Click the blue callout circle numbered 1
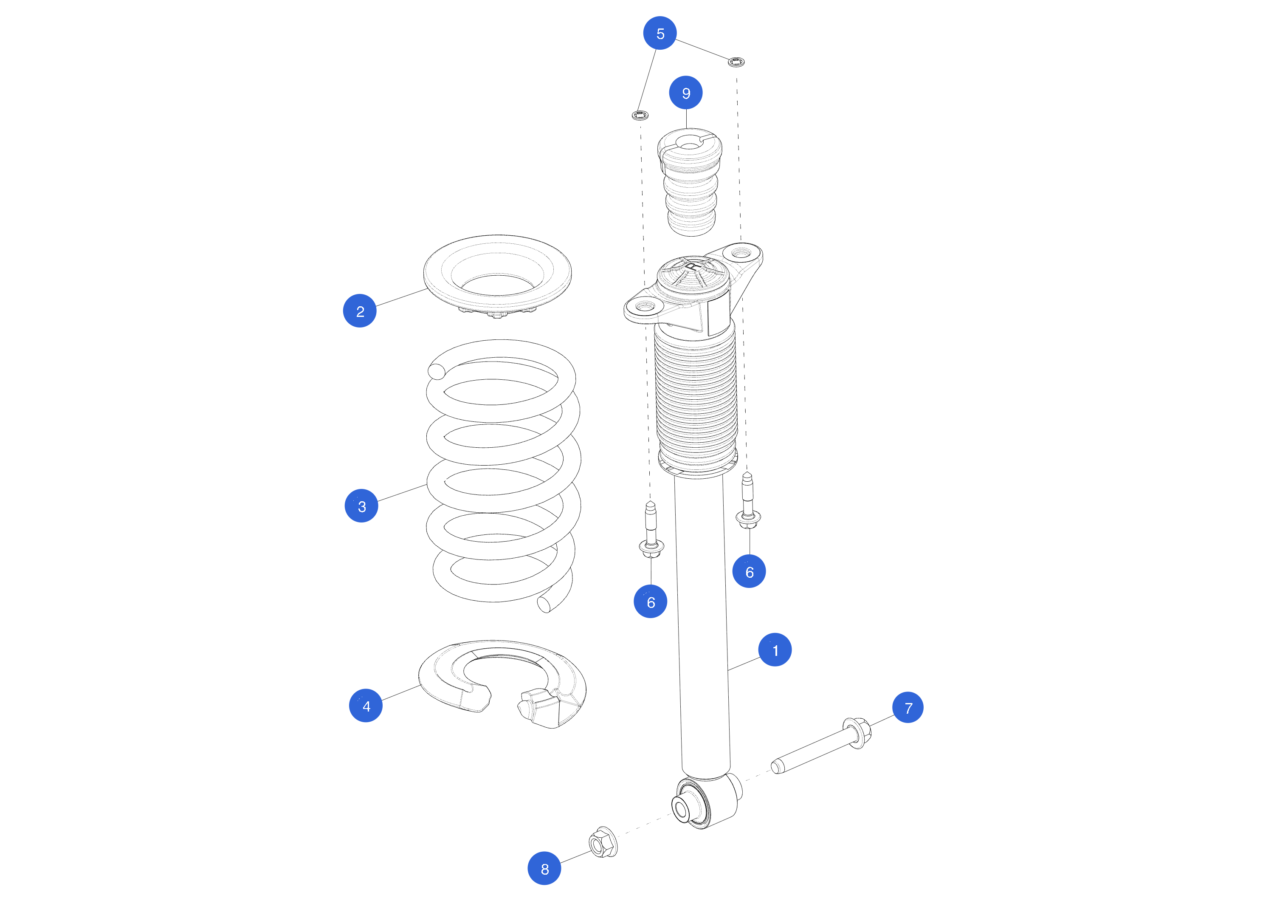pos(775,650)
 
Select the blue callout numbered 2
pos(360,311)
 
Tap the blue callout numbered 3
pos(361,506)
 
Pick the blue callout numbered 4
pos(366,706)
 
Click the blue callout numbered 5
pos(660,33)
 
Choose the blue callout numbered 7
pos(908,708)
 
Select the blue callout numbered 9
pos(686,93)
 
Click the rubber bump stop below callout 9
pos(690,182)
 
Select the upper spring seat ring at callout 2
pos(497,276)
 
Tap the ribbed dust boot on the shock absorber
pos(696,397)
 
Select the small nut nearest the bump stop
pos(640,116)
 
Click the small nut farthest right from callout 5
pos(736,62)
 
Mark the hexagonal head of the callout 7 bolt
pos(858,733)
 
